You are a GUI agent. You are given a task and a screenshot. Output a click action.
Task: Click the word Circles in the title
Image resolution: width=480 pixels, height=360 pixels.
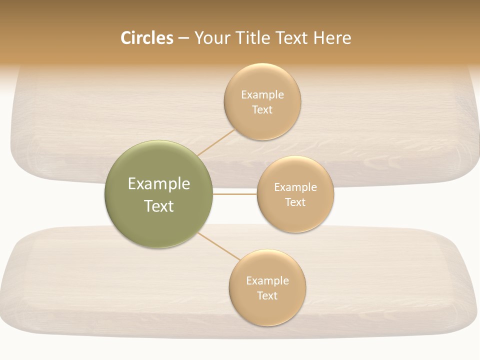[x=146, y=38]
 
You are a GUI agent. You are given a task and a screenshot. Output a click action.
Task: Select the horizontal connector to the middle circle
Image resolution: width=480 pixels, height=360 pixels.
[x=235, y=194]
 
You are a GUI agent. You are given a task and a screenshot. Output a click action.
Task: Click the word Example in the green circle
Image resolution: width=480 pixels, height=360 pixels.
[x=159, y=184]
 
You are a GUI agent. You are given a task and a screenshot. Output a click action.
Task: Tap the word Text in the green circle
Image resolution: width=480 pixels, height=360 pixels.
[x=159, y=206]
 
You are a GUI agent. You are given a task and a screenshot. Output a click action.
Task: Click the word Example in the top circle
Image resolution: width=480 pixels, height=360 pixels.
[x=262, y=95]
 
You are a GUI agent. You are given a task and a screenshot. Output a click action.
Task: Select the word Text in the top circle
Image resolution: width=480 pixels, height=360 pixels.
[x=262, y=110]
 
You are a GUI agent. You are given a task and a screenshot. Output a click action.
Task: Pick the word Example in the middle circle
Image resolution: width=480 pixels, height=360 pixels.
[x=295, y=187]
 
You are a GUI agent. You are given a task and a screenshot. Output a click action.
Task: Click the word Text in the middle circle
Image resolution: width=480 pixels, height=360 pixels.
[x=295, y=202]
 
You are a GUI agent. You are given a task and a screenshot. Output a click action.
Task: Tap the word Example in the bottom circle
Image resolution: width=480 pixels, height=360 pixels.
[x=267, y=281]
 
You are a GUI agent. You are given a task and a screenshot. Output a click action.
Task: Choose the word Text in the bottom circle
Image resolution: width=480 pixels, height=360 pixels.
[x=267, y=296]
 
